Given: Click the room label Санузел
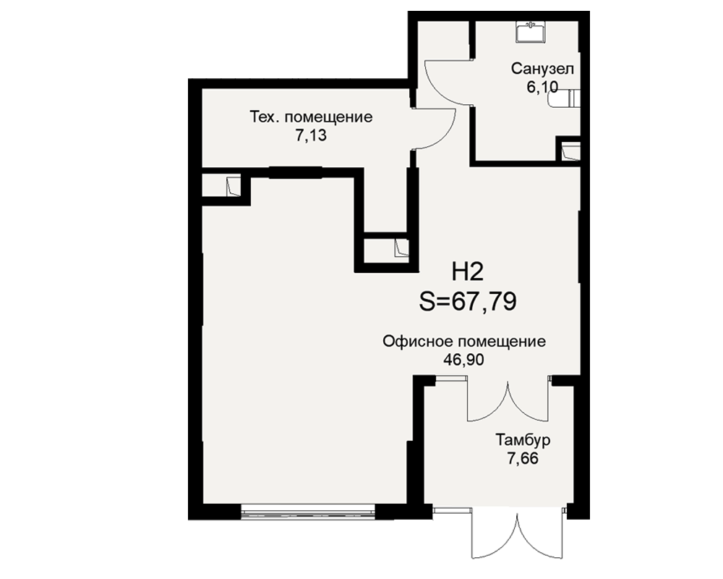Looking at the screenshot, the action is pos(542,69).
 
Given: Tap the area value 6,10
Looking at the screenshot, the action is pos(542,87).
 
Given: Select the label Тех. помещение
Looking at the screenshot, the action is pos(311,117).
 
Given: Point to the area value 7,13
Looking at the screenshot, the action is pos(311,135).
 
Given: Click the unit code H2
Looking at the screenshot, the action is pos(468,271).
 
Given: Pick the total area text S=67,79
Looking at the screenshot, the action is pos(468,302).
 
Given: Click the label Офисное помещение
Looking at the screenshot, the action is pos(464,342).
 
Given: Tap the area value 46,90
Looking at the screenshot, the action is pos(464,360).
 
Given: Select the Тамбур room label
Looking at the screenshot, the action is pos(523,440).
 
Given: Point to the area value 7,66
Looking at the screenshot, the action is pos(523,458).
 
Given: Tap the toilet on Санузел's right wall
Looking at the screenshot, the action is pos(565,98).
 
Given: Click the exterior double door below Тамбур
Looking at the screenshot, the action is pos(518,533).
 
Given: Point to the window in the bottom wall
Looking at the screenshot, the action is pos(308,512).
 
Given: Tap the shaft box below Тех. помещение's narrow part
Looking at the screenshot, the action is pos(386,250).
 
